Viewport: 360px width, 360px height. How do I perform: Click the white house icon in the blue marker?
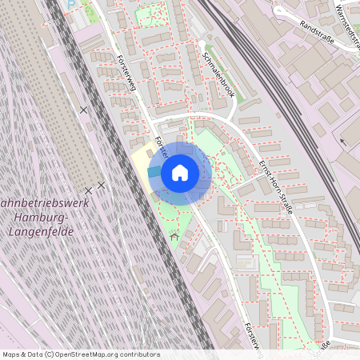tap(180, 173)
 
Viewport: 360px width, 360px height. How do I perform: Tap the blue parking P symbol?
tap(71, 3)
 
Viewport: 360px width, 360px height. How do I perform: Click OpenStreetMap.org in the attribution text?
tap(88, 354)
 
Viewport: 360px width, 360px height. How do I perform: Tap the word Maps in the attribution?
tap(11, 354)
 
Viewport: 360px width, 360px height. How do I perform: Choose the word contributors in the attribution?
tap(139, 354)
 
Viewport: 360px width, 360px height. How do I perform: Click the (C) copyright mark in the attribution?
tap(50, 354)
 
